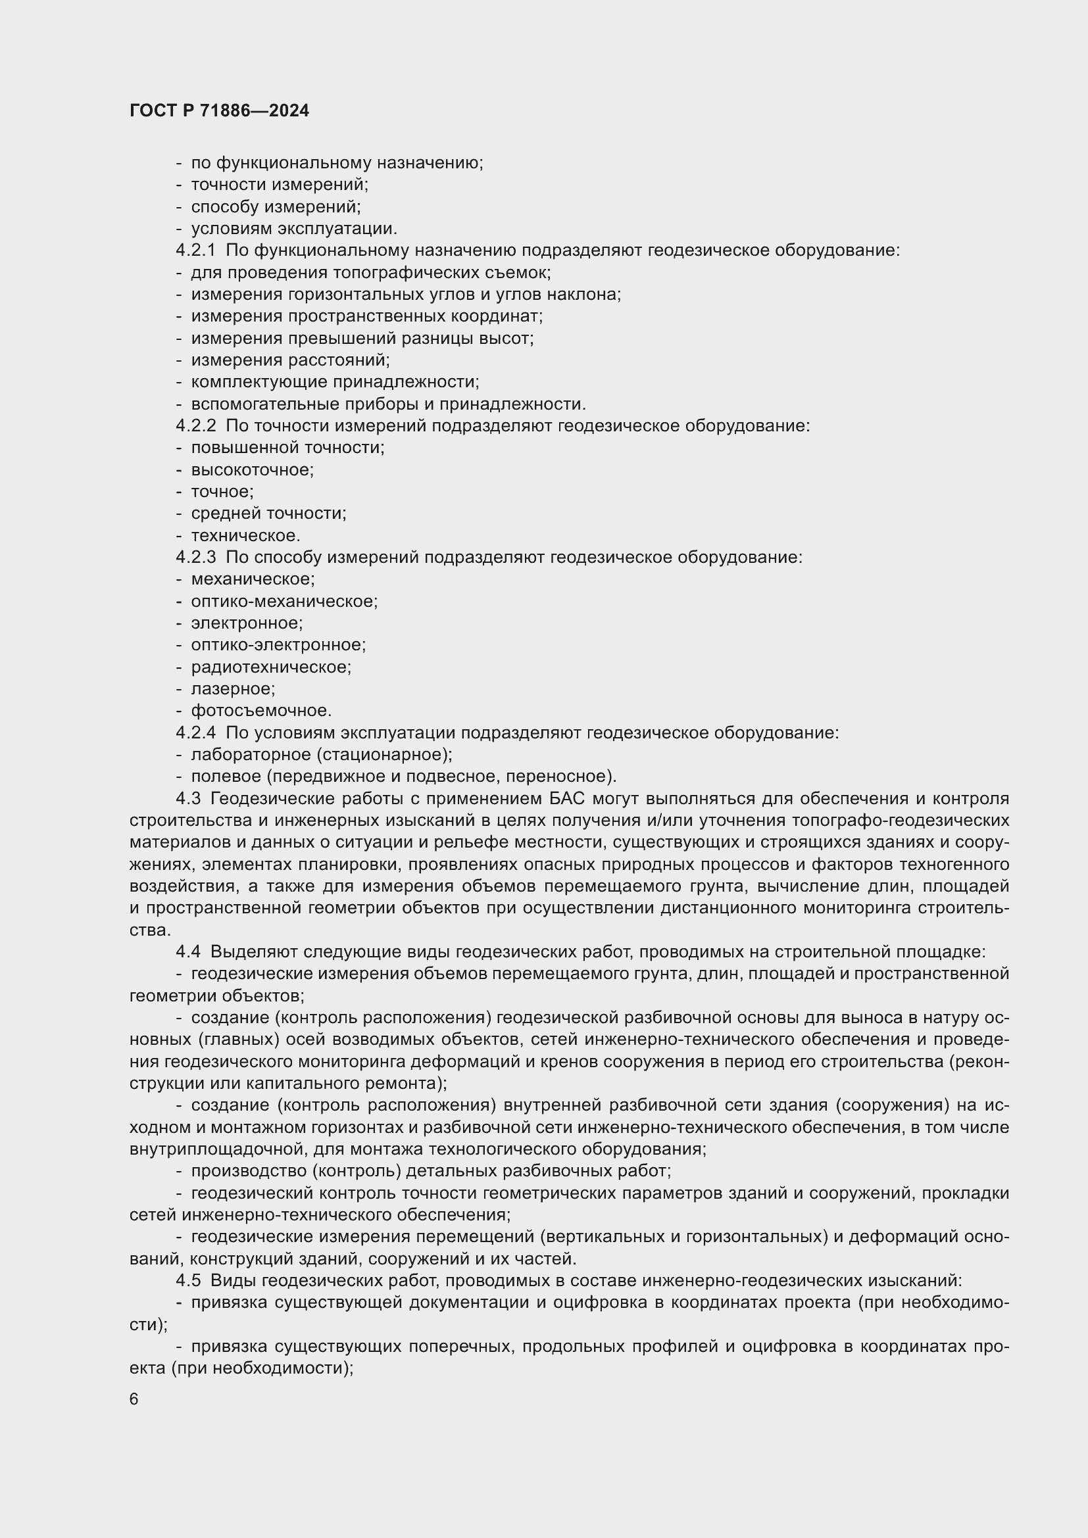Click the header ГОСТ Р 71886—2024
(x=219, y=110)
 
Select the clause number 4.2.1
(x=195, y=251)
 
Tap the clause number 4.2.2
(x=195, y=426)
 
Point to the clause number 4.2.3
(x=195, y=558)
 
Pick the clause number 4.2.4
(x=195, y=733)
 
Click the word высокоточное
(x=252, y=469)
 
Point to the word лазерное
(x=232, y=688)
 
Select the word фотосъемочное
(x=260, y=711)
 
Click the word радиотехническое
(x=270, y=667)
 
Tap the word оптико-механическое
(x=284, y=602)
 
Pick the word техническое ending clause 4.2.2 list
(x=245, y=536)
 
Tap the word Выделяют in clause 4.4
(x=254, y=952)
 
